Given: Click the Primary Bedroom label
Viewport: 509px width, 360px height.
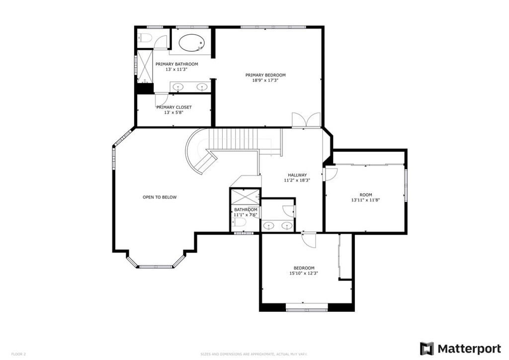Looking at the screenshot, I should coord(265,75).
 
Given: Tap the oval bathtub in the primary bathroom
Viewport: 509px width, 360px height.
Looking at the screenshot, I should coord(188,43).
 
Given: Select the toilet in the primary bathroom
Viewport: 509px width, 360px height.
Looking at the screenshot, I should coord(145,37).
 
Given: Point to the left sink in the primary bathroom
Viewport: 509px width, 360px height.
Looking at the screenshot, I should coord(178,88).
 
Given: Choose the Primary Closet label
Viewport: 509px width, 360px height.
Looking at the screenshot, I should coord(174,107).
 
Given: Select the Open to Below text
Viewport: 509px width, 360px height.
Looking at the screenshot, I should coord(160,197).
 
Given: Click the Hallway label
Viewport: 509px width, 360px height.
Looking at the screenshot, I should coord(297,175).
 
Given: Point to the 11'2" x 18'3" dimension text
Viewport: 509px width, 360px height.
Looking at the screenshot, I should coord(297,180).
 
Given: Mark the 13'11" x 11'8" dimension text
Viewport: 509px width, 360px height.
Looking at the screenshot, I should coord(365,200).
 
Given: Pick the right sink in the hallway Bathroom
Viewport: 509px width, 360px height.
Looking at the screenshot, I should coord(287,226).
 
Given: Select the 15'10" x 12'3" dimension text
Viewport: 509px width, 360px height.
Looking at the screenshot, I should coord(304,273).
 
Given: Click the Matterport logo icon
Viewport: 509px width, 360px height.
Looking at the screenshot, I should coord(426,348).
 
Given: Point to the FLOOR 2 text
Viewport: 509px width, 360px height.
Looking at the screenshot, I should coord(18,354).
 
